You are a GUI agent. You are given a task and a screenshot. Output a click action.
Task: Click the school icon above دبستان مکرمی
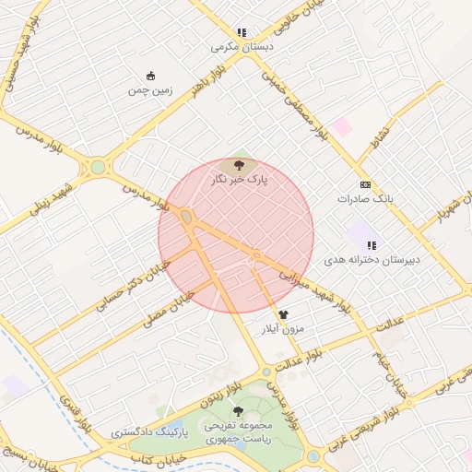click(x=242, y=32)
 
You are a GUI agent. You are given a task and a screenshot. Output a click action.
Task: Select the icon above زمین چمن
click(x=150, y=77)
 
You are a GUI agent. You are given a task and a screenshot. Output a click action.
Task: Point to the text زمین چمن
click(x=150, y=90)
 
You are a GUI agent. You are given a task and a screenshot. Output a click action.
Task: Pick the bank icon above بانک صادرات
click(x=365, y=184)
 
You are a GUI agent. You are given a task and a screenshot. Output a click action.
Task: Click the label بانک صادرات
click(x=365, y=198)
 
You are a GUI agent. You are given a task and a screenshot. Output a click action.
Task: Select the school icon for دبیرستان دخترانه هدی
click(x=372, y=245)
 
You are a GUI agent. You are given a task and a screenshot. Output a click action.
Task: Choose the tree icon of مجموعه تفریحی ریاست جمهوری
click(x=238, y=411)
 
